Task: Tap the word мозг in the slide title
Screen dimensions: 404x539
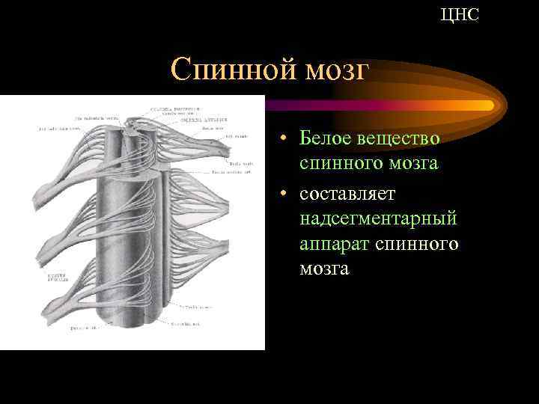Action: [338, 71]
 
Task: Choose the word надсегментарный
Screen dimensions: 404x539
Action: [378, 218]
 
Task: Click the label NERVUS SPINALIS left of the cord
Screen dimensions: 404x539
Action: [58, 278]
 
